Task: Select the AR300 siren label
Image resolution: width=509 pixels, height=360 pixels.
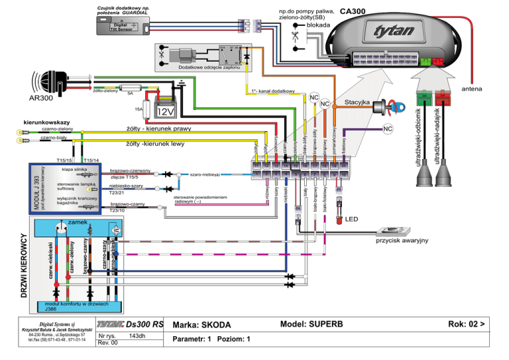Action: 40,97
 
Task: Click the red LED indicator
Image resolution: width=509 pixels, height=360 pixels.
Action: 339,218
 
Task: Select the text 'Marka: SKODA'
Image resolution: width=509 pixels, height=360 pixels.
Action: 201,325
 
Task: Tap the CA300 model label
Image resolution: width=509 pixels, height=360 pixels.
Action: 353,11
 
